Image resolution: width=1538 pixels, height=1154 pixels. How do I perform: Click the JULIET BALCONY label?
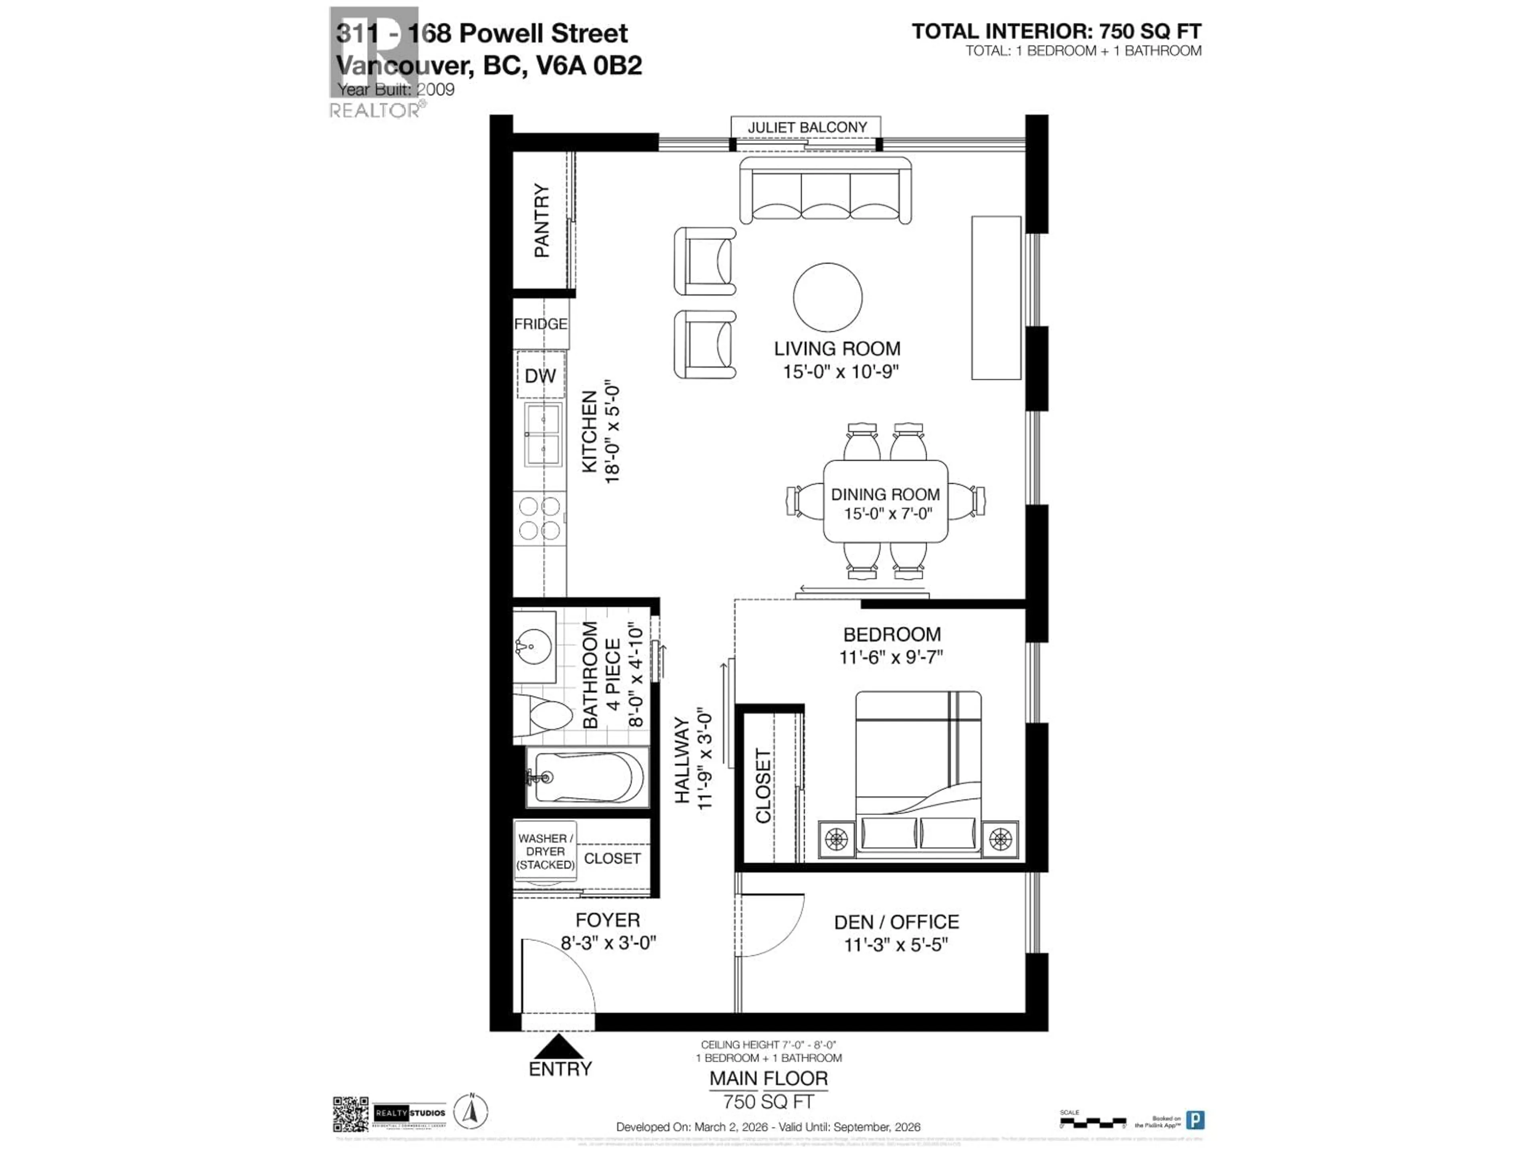[807, 127]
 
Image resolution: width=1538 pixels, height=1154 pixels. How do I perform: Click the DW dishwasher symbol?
[540, 375]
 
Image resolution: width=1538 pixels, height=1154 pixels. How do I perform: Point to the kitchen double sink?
[542, 434]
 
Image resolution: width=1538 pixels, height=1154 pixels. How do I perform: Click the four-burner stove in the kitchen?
[540, 518]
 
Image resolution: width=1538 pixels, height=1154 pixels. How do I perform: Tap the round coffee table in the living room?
[827, 297]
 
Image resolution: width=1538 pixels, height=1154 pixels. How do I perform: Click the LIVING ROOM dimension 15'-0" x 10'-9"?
[840, 371]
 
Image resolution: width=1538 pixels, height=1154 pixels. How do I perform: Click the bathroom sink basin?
[534, 647]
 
